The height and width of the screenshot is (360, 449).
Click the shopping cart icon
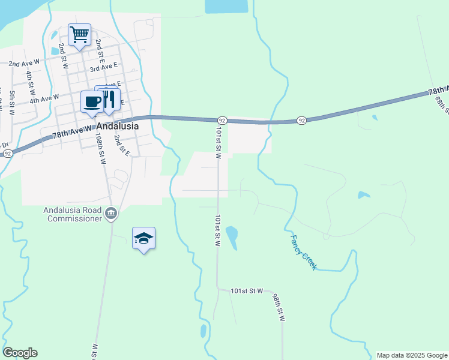tap(79, 34)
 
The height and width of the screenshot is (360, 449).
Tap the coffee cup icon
tap(92, 101)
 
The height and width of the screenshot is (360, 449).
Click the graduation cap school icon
tap(143, 239)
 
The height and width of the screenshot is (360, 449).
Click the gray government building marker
tap(111, 214)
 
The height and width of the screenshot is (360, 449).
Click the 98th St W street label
tap(277, 308)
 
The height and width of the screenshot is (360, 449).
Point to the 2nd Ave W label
tap(23, 62)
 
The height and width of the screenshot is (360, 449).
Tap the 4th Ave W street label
tap(45, 97)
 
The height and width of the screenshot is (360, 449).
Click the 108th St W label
tap(101, 149)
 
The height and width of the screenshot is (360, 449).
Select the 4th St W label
tap(29, 83)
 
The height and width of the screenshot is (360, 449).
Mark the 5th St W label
tap(13, 102)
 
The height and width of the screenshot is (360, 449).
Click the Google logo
tap(20, 353)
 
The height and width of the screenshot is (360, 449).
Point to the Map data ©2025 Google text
tap(412, 355)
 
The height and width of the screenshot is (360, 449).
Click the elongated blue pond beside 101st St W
tap(232, 237)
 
